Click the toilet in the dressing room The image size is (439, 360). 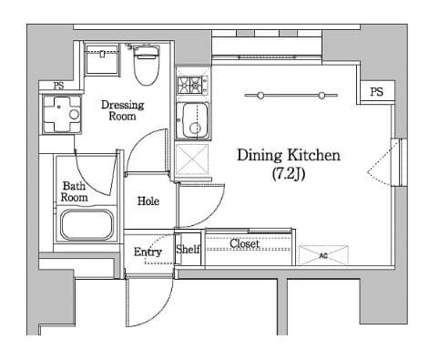click(x=147, y=65)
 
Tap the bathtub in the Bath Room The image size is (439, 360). click(x=87, y=224)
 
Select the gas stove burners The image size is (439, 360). click(x=192, y=85)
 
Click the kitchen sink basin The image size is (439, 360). click(x=192, y=120)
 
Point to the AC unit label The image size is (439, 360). click(x=323, y=256)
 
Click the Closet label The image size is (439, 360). click(x=244, y=243)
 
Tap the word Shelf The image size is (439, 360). click(x=188, y=250)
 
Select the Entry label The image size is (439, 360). click(x=148, y=252)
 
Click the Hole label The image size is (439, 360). click(x=148, y=201)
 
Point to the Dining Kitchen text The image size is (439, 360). click(x=289, y=155)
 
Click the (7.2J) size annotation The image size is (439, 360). click(x=289, y=174)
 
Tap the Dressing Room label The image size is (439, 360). click(x=122, y=110)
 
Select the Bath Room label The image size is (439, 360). click(x=74, y=191)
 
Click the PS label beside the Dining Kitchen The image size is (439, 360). click(x=376, y=91)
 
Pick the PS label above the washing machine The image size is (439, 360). click(x=58, y=86)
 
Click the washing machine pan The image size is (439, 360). click(x=62, y=114)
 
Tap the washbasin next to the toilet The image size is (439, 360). click(x=102, y=59)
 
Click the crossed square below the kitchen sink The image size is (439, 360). click(x=192, y=159)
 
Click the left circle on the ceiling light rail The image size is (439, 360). click(x=260, y=96)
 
